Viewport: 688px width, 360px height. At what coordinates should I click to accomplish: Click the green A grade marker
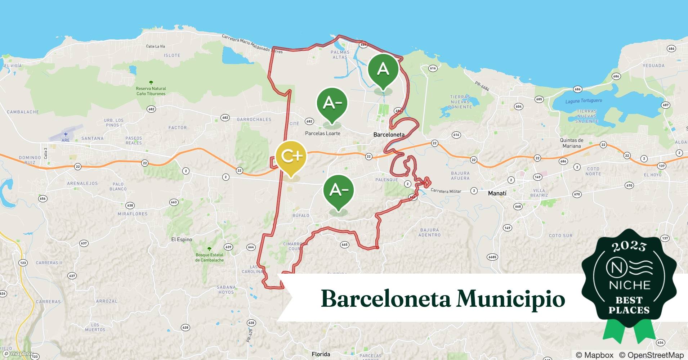click(x=383, y=69)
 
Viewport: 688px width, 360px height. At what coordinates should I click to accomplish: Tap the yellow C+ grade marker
click(x=291, y=156)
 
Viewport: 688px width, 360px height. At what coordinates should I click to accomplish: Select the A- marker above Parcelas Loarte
click(x=332, y=103)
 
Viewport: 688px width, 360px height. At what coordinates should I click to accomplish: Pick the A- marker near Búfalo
click(x=338, y=190)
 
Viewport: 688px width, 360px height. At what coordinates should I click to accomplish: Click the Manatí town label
click(x=497, y=193)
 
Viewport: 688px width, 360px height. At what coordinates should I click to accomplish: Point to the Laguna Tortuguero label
click(x=584, y=101)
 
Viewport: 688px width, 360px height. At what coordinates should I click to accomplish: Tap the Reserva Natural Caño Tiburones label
click(x=151, y=91)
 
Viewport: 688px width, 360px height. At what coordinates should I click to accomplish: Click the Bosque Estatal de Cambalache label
click(x=209, y=257)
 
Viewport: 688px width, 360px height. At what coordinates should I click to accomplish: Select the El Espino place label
click(x=182, y=239)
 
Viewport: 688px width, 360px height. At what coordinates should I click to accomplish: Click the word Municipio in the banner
click(x=511, y=298)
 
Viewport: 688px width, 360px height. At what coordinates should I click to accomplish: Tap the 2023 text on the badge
click(x=629, y=246)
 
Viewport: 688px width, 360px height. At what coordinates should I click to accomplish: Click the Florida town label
click(x=321, y=354)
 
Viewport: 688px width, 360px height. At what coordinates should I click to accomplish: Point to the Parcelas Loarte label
click(x=322, y=133)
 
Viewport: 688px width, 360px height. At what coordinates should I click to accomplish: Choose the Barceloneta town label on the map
click(x=389, y=135)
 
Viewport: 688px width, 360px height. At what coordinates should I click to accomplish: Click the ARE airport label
click(x=66, y=140)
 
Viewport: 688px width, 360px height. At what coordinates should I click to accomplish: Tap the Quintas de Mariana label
click(x=571, y=143)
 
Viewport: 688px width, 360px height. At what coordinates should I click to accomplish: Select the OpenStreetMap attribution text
click(x=651, y=355)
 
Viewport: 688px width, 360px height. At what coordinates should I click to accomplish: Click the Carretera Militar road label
click(x=446, y=191)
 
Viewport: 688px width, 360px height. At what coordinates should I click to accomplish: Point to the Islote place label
click(x=172, y=55)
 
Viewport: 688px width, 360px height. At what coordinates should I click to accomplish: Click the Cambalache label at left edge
click(x=23, y=112)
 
